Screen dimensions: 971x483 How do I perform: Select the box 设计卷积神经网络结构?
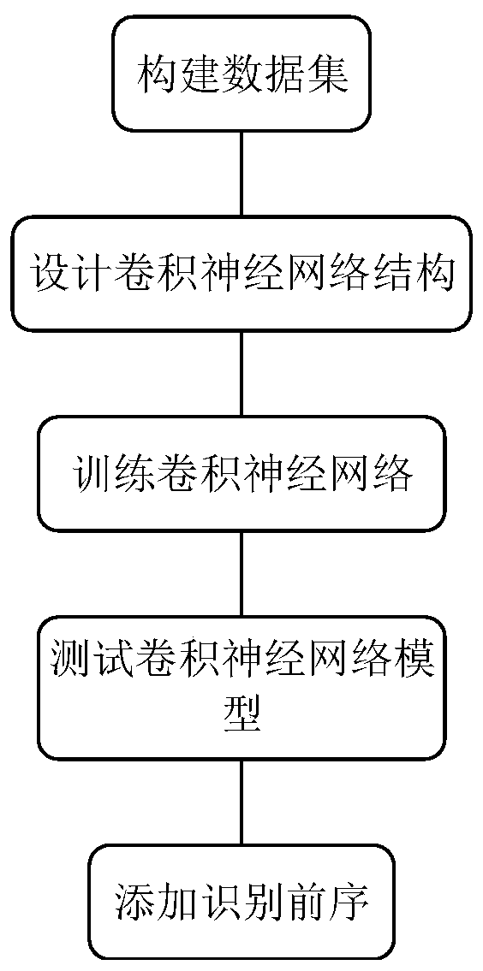point(241,275)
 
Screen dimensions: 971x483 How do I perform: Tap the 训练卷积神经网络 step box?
point(241,473)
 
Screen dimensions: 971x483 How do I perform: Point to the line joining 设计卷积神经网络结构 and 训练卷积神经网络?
point(242,374)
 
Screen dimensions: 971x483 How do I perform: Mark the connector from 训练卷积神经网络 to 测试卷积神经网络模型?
point(242,573)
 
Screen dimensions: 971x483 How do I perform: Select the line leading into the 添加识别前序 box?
point(242,802)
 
